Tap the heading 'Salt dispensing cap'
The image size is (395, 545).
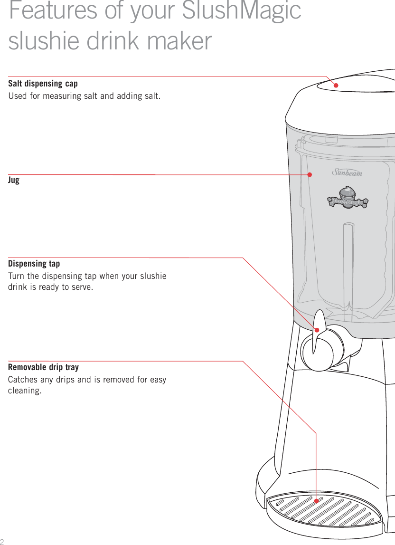pyautogui.click(x=43, y=84)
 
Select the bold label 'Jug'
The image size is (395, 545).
pyautogui.click(x=14, y=181)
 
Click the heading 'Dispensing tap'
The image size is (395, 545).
pyautogui.click(x=34, y=264)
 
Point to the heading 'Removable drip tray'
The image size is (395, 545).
pyautogui.click(x=43, y=367)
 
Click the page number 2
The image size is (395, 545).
pyautogui.click(x=2, y=541)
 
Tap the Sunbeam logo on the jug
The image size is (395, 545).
pyautogui.click(x=347, y=172)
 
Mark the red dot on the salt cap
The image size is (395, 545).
pyautogui.click(x=336, y=86)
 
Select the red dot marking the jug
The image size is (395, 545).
pyautogui.click(x=310, y=174)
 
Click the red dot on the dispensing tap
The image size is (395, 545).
pyautogui.click(x=317, y=328)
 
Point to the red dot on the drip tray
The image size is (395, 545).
pyautogui.click(x=317, y=500)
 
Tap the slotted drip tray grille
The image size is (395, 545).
pyautogui.click(x=328, y=513)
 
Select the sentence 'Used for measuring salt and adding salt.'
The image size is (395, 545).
pyautogui.click(x=84, y=96)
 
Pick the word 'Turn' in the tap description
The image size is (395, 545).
pyautogui.click(x=16, y=277)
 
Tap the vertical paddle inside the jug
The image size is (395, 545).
pyautogui.click(x=348, y=266)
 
